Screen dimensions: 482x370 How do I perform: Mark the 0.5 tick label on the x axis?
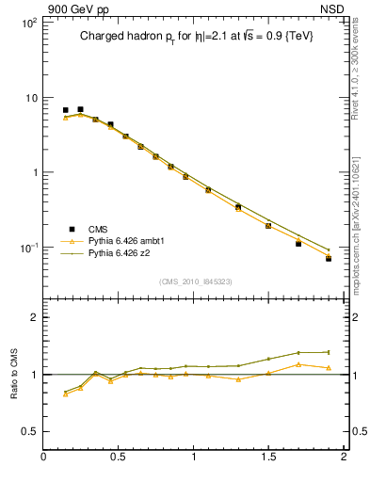click(119, 457)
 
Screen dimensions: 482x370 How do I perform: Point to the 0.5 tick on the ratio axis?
click(30, 431)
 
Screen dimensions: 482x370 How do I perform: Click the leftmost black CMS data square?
click(65, 110)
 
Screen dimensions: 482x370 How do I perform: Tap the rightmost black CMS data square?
click(329, 258)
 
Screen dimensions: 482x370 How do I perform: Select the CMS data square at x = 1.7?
click(298, 243)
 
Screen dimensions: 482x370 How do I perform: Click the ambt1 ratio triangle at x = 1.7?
click(298, 364)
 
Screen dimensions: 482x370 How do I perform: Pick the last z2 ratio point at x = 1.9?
click(329, 352)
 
